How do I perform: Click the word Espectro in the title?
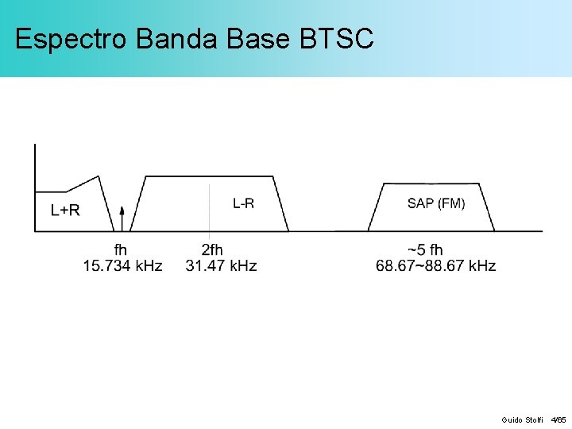tap(71, 39)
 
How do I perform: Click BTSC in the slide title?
tap(337, 39)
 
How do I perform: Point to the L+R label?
tap(65, 211)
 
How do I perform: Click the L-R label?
tap(243, 204)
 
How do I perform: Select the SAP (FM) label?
tap(436, 204)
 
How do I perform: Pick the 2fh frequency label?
tap(212, 249)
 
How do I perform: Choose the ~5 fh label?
tap(426, 249)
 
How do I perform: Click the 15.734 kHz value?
tap(123, 265)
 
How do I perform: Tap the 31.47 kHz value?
tap(221, 265)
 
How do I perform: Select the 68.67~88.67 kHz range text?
tap(435, 265)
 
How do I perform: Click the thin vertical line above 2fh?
tap(209, 207)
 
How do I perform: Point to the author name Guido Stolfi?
tap(522, 419)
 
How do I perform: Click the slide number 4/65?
tap(558, 419)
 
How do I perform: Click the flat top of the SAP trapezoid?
tap(433, 184)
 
